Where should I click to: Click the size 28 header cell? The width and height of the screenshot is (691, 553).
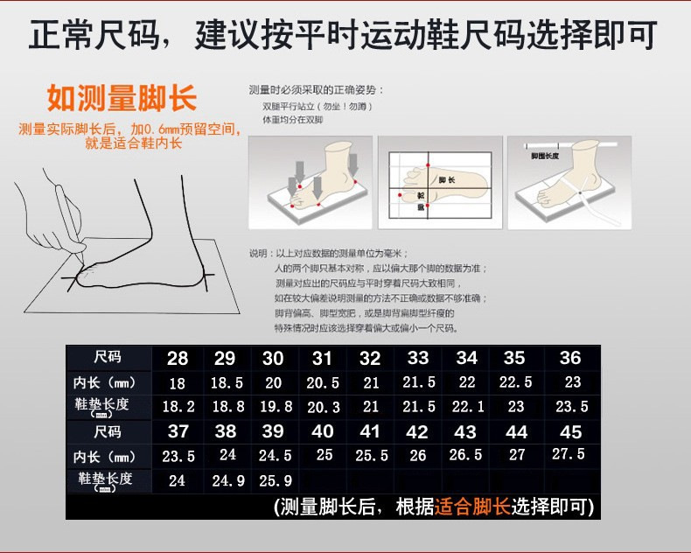178,358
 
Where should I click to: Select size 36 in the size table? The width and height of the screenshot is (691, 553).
570,358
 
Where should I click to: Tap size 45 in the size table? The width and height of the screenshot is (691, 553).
570,431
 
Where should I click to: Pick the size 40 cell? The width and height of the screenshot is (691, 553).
323,431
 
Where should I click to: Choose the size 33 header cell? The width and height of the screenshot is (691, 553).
418,358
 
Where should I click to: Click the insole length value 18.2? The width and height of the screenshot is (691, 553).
178,407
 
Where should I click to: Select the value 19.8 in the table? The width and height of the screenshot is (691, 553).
275,407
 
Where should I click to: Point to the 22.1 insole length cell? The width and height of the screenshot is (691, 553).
467,407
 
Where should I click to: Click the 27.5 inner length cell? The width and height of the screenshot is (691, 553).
569,455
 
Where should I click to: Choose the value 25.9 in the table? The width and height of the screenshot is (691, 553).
275,480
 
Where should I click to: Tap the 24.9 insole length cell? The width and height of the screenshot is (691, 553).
227,480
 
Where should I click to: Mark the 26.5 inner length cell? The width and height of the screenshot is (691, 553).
465,456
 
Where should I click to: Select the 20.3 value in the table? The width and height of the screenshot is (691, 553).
323,407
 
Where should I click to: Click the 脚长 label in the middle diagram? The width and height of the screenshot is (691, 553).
448,179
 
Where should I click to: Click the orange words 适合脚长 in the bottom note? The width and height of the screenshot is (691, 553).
472,507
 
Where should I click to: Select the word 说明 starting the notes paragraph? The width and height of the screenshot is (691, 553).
258,253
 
